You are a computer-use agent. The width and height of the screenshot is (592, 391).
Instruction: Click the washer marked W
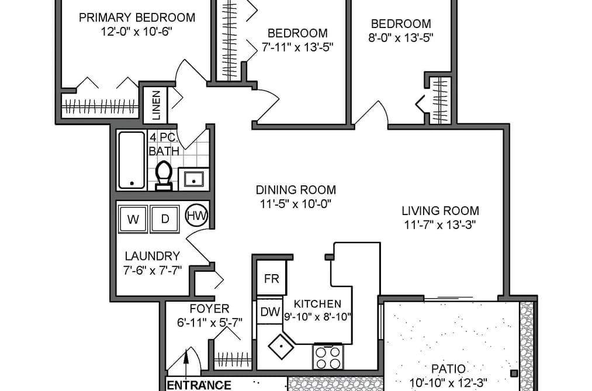133,219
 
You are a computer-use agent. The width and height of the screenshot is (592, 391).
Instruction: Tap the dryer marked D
165,219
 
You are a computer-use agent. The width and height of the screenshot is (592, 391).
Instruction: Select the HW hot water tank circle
197,216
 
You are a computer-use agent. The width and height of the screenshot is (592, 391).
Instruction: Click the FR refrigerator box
272,279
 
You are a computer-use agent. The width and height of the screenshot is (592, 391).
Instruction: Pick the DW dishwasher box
271,312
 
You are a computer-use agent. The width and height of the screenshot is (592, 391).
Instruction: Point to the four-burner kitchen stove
328,357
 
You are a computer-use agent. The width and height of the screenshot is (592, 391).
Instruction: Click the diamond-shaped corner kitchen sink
281,346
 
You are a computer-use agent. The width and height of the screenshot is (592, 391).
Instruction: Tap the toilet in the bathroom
164,176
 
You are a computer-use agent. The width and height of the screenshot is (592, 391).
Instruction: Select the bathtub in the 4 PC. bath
131,160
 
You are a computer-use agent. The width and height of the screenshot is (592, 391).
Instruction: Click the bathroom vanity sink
193,179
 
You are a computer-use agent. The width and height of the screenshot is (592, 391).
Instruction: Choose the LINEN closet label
156,105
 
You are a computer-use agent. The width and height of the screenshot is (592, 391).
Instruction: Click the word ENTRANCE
199,385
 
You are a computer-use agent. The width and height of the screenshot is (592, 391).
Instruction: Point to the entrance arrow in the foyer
186,362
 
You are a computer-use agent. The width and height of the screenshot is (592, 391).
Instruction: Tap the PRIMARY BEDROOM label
137,18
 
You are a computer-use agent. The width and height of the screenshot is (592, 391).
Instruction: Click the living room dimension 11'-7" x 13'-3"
440,225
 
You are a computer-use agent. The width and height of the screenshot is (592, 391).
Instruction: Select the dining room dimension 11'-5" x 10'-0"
296,204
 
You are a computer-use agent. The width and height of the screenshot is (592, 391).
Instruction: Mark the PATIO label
448,369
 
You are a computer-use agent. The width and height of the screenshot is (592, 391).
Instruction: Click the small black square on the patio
514,373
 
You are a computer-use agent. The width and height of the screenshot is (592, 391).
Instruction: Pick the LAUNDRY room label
152,256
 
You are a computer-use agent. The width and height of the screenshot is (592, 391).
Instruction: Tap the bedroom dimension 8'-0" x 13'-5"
400,38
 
